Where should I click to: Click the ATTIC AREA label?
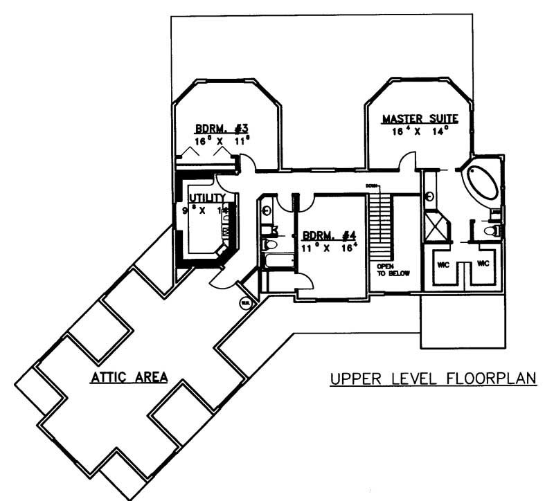[130, 378]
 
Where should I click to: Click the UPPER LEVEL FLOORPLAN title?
[434, 379]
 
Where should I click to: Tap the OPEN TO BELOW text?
[393, 269]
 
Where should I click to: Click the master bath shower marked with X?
[437, 226]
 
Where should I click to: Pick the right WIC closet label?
[483, 264]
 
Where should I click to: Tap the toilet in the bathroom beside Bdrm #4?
[270, 244]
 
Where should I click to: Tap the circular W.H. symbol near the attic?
[245, 302]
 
